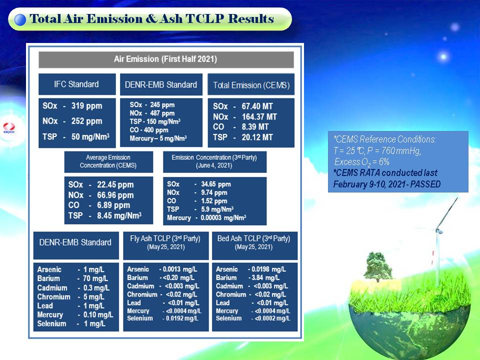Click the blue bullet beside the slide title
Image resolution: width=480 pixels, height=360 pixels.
click(x=20, y=19)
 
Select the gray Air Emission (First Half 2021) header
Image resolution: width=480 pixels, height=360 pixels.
click(x=166, y=59)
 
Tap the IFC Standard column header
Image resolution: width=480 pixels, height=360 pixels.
click(x=77, y=84)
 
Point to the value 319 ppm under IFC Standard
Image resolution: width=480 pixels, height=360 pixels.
click(x=86, y=106)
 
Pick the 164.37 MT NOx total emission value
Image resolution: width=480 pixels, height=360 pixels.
click(x=259, y=116)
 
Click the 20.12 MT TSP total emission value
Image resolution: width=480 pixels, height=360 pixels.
click(x=257, y=137)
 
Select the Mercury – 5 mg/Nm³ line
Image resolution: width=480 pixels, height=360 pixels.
click(x=158, y=138)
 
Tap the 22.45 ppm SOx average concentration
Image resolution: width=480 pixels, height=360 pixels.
click(x=115, y=184)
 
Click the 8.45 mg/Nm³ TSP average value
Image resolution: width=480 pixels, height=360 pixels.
click(x=119, y=215)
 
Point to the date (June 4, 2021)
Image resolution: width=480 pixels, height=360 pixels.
click(x=214, y=165)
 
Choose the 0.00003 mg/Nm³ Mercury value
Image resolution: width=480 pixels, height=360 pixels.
click(x=223, y=217)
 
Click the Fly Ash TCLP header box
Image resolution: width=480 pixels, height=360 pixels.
click(x=166, y=245)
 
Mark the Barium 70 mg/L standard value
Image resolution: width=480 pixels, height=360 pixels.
click(x=95, y=278)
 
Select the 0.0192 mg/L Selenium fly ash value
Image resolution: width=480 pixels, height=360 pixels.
click(x=182, y=318)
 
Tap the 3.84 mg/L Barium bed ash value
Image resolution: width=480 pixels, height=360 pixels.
click(x=265, y=277)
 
